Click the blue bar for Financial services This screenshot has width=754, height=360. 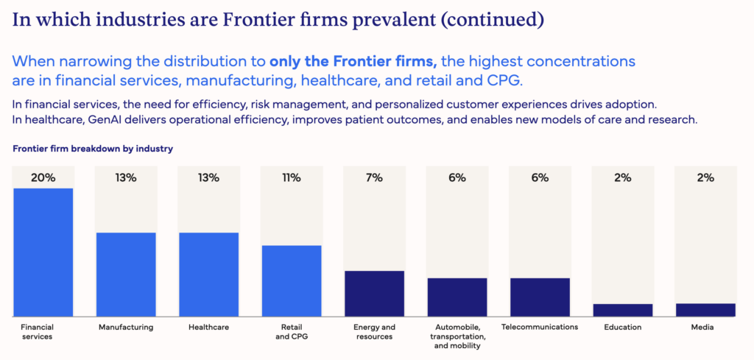[x=43, y=253]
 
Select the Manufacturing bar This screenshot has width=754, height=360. [x=126, y=275]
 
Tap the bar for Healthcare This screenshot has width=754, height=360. [x=208, y=275]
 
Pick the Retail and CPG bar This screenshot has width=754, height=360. [x=292, y=280]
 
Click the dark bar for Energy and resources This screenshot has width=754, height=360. [x=374, y=294]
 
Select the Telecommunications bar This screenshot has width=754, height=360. [x=540, y=297]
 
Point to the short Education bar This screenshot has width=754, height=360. [x=622, y=310]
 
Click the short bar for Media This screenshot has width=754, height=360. [x=705, y=310]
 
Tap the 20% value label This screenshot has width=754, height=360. [x=43, y=177]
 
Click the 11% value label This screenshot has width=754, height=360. [x=292, y=177]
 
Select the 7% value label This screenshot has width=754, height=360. [x=374, y=177]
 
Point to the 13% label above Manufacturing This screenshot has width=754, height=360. [x=126, y=177]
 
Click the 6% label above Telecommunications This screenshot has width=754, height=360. [x=540, y=177]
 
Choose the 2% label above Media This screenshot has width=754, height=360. [x=705, y=177]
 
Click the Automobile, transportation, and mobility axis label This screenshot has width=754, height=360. [x=457, y=336]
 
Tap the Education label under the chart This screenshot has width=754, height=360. [x=622, y=327]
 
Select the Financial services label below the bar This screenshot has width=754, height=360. [x=38, y=332]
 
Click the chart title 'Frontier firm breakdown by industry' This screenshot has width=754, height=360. [x=93, y=149]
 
